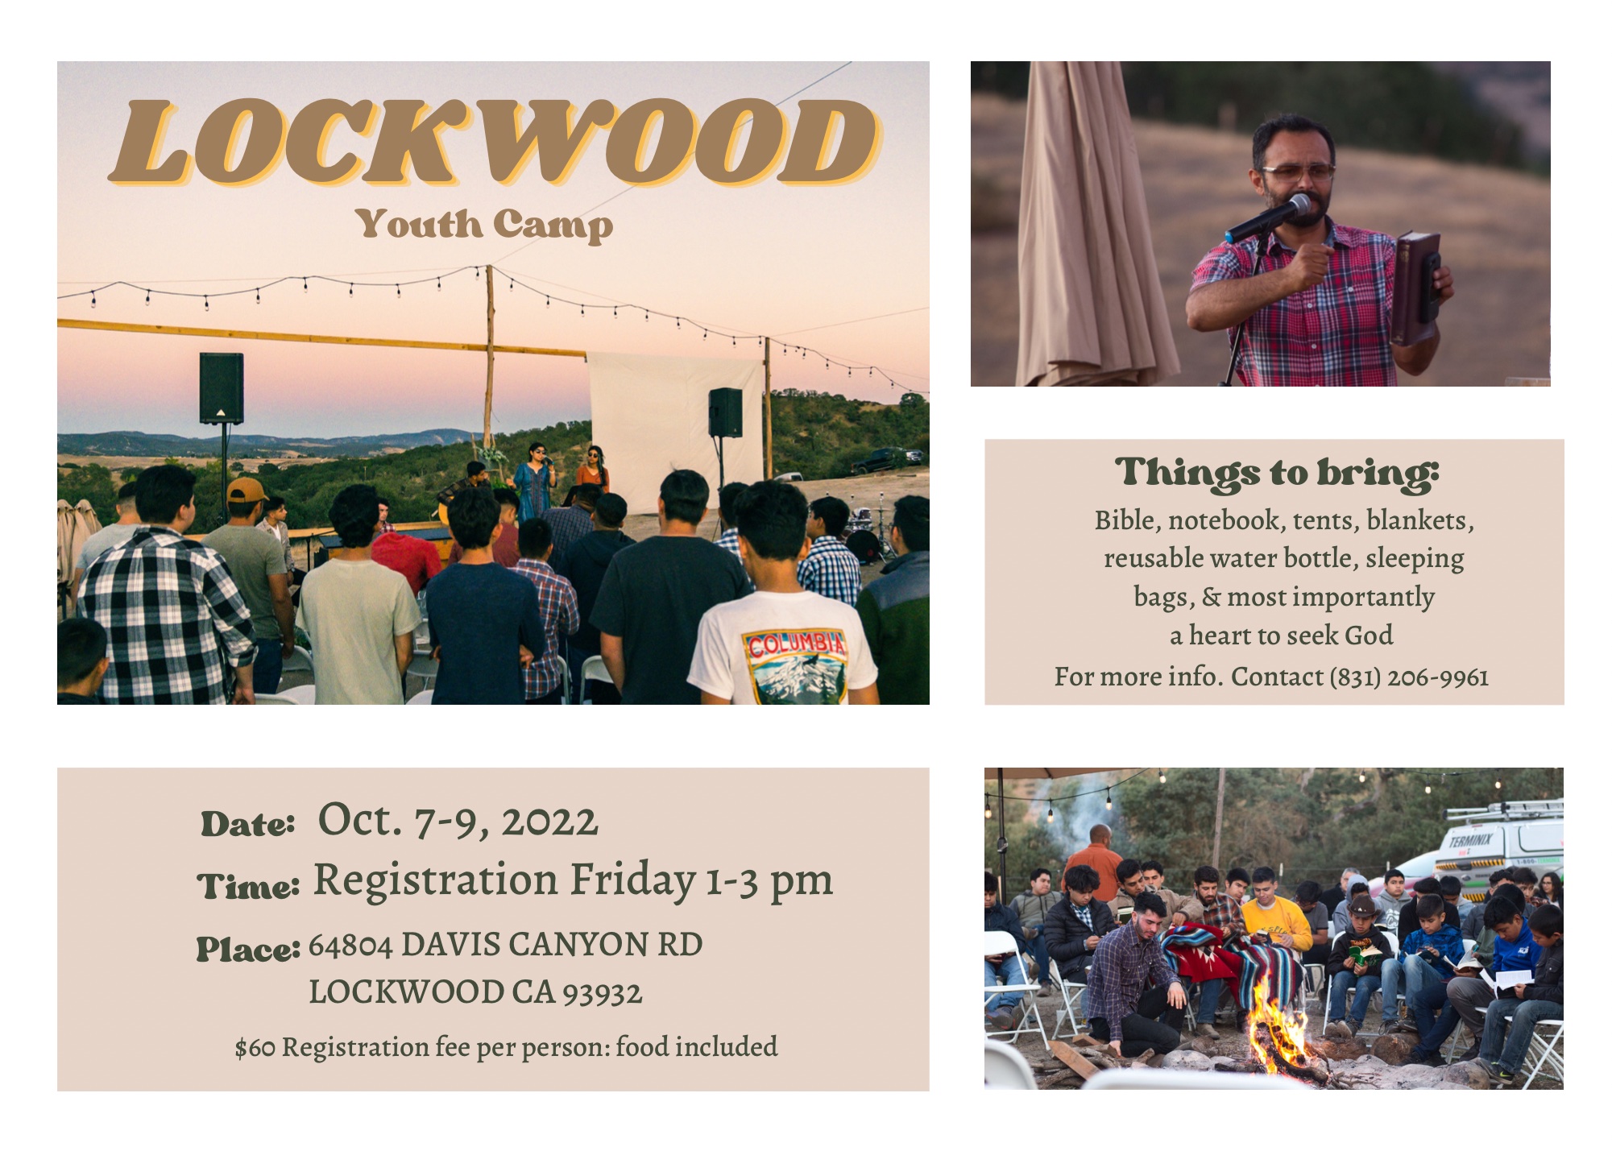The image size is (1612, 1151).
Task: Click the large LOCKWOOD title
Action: click(x=493, y=142)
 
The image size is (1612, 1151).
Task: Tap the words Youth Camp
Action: click(x=486, y=225)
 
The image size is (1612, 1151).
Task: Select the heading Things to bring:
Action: click(x=1277, y=473)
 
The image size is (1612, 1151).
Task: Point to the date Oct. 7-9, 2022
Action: click(x=458, y=820)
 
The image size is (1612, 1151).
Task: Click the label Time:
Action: click(x=249, y=886)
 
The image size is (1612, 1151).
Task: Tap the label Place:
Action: click(x=249, y=949)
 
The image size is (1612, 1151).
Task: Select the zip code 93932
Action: click(x=603, y=993)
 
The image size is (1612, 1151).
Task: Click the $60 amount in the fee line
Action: click(x=255, y=1048)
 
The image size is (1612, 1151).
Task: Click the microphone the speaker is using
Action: click(x=1268, y=218)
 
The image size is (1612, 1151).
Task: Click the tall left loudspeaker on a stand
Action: click(x=222, y=387)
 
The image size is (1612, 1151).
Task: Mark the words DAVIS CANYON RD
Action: click(x=551, y=945)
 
